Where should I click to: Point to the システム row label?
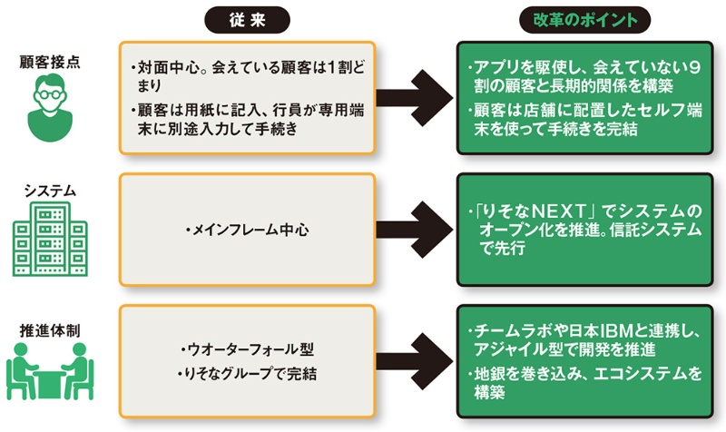[x=51, y=191]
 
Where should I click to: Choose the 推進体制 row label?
[x=52, y=330]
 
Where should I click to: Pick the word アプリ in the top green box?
[x=495, y=69]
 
